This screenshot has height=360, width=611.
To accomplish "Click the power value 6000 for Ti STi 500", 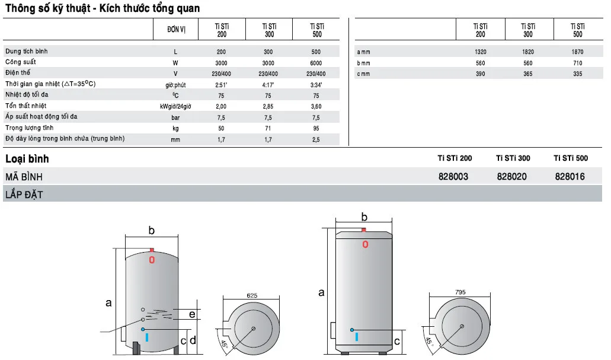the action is pos(316,63).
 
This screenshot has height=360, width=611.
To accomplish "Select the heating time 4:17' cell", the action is pos(268,85).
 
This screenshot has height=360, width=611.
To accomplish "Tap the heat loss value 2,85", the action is pos(268,106).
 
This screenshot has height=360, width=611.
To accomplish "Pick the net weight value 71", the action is pos(268,128).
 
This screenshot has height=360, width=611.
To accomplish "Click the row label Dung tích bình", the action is pos(27,51).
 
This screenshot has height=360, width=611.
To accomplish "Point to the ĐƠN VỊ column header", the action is pos(176,29).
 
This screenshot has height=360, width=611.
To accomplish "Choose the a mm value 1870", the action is pos(577,52).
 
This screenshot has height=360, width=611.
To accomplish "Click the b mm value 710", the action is pos(577,63).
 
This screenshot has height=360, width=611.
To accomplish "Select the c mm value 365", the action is pos(527,74).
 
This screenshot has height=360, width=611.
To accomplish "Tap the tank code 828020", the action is pos(511,177).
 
